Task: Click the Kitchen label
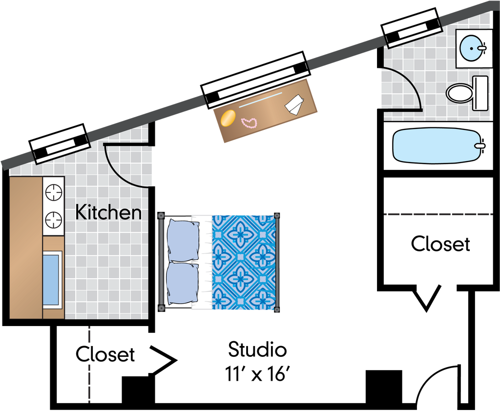coord(108,213)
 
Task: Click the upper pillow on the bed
coord(183,240)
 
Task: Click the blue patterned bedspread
coord(244,262)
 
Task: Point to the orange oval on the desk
coord(228,119)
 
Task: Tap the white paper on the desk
coord(294,105)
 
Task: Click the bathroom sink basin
coord(473,48)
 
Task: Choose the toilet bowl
coord(459,92)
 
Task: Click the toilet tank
coord(480,92)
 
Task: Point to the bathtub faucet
coord(481,145)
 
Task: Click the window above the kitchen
coord(61,144)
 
